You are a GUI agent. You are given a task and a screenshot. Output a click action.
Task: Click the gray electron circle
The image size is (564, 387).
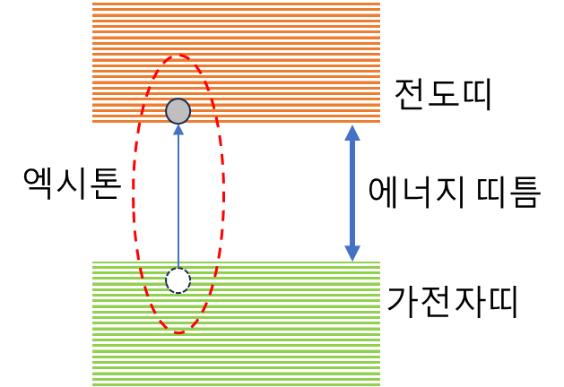(x=178, y=111)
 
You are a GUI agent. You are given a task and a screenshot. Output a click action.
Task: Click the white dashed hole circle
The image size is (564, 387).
(x=178, y=280)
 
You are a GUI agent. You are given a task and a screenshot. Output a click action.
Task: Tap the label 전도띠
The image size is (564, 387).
(x=443, y=94)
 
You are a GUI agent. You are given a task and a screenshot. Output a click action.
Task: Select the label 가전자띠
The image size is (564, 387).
(x=453, y=302)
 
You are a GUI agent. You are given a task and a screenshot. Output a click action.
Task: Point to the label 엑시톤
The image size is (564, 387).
(x=72, y=184)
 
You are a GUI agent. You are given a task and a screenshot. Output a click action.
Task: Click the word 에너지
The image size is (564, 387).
(x=416, y=192)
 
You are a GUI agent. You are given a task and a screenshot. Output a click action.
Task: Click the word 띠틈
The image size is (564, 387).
(x=508, y=192)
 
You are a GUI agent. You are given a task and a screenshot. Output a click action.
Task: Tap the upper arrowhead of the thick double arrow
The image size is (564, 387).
(x=352, y=133)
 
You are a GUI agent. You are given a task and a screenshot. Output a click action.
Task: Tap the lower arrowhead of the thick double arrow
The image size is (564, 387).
(x=352, y=254)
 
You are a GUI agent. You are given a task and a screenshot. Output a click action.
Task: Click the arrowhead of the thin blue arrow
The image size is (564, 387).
(x=178, y=129)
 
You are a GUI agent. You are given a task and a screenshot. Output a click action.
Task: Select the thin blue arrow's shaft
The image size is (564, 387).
(x=178, y=202)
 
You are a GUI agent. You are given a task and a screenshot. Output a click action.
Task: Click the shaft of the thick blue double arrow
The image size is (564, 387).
(x=352, y=193)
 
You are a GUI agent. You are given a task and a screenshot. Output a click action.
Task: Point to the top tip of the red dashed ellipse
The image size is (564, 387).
(x=178, y=56)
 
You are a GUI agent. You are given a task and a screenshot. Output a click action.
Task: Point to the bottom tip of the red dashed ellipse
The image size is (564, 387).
(x=178, y=332)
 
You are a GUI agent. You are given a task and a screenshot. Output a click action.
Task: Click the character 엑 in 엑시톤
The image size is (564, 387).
(x=38, y=184)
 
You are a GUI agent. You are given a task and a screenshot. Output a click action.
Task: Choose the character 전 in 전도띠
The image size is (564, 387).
(x=410, y=94)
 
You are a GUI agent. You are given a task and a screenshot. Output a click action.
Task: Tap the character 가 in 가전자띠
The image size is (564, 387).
(x=403, y=302)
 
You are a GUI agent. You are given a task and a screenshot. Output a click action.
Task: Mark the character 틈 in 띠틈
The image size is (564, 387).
(x=525, y=193)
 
